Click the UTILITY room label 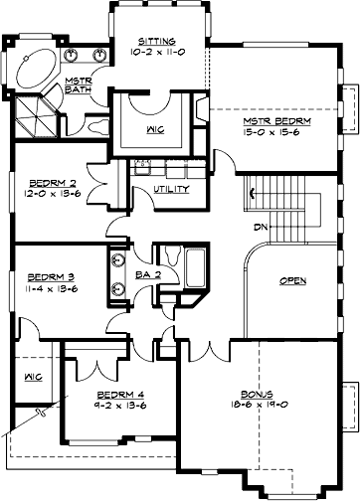coord(171,188)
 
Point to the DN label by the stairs coord(263,227)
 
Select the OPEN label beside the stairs coord(292,280)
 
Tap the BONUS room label coord(262,394)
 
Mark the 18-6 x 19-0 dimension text coord(262,406)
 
